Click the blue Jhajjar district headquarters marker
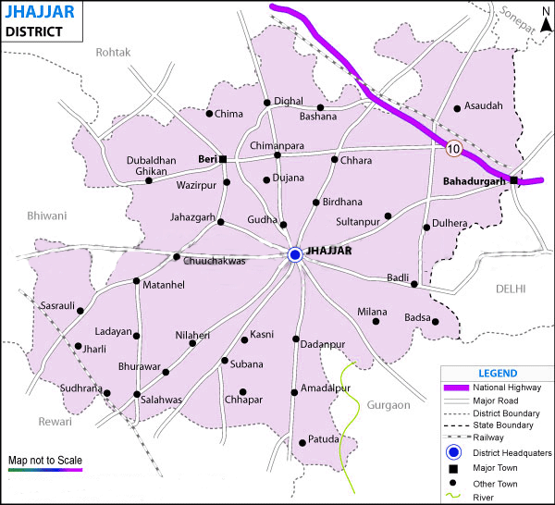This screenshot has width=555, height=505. click(295, 254)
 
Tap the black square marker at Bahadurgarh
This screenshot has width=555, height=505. click(514, 180)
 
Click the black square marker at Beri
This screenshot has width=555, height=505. click(222, 158)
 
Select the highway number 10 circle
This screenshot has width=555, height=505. click(452, 148)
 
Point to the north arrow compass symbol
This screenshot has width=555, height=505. click(545, 17)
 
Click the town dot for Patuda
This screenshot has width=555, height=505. click(302, 443)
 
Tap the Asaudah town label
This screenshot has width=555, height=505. click(484, 106)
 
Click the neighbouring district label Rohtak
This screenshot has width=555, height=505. click(115, 53)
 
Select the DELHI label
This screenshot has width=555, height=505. click(510, 289)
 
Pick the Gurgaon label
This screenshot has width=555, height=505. click(388, 405)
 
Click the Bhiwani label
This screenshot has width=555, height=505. click(47, 216)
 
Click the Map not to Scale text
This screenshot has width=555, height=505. click(44, 459)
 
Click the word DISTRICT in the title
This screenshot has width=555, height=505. click(33, 31)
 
